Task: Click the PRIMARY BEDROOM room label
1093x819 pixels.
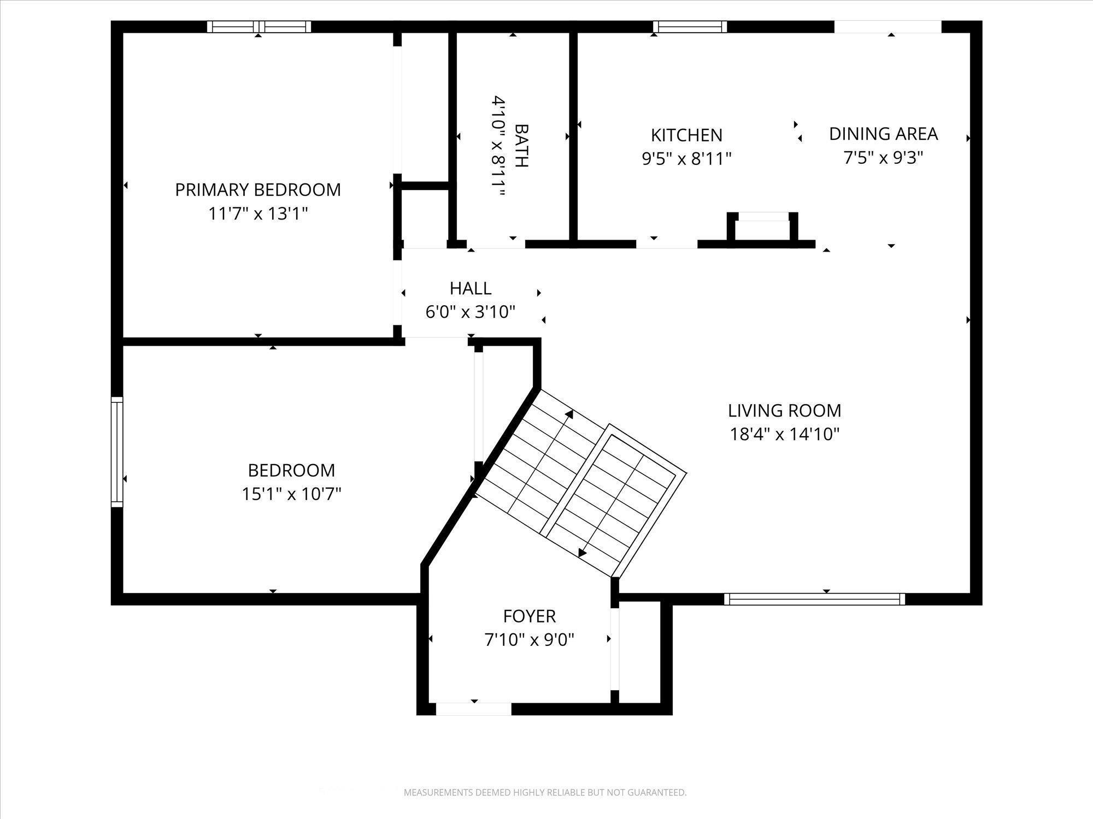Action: pyautogui.click(x=258, y=189)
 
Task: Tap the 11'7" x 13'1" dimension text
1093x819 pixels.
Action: pyautogui.click(x=258, y=213)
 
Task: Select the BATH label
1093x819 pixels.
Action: pyautogui.click(x=522, y=146)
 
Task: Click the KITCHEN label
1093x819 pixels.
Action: pyautogui.click(x=686, y=135)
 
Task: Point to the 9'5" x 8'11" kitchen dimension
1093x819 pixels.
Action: pyautogui.click(x=686, y=159)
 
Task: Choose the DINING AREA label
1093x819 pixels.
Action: pyautogui.click(x=883, y=134)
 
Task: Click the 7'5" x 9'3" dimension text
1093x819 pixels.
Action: pyautogui.click(x=883, y=158)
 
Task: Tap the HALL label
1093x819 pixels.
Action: pyautogui.click(x=471, y=288)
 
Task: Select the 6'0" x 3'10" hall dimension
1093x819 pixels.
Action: pyautogui.click(x=471, y=312)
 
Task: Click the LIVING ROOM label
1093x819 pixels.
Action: pyautogui.click(x=784, y=410)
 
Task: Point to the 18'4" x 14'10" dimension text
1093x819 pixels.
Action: pyautogui.click(x=784, y=434)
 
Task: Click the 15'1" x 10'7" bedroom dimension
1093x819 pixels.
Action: pyautogui.click(x=291, y=494)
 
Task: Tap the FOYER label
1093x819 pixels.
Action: pyautogui.click(x=529, y=616)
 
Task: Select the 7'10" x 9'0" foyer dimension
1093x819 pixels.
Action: pyautogui.click(x=529, y=639)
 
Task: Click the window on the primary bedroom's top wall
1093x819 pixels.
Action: pyautogui.click(x=258, y=27)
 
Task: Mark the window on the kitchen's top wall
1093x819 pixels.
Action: pyautogui.click(x=690, y=27)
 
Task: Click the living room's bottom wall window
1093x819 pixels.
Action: pyautogui.click(x=814, y=600)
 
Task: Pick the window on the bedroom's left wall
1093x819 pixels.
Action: pyautogui.click(x=117, y=452)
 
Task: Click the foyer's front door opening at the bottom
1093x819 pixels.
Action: pyautogui.click(x=473, y=709)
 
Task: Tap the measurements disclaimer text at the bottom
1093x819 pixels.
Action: pyautogui.click(x=545, y=792)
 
